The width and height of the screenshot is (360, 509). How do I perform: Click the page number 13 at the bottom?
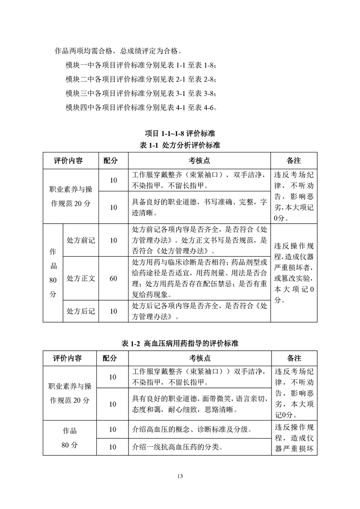pos(180,476)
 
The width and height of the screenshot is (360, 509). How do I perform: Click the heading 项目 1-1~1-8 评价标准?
pos(180,134)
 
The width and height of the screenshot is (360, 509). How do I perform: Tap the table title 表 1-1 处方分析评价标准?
pos(180,146)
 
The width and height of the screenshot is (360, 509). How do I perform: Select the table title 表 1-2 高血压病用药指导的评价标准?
pos(180,343)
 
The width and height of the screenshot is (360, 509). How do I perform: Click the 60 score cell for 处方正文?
pos(113,279)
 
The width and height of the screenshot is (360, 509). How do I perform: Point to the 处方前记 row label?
pos(80,240)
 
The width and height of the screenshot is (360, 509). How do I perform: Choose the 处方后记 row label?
pos(80,311)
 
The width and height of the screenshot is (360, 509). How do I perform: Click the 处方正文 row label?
pos(80,279)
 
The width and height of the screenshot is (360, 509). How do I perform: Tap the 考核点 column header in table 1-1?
pos(199,161)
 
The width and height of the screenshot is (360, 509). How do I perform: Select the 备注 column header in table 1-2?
pos(294,358)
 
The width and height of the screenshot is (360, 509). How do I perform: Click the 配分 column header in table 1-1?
pos(110,161)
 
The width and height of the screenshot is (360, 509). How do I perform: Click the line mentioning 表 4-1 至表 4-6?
pos(141,108)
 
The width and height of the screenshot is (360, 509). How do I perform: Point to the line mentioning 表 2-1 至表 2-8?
pos(141,78)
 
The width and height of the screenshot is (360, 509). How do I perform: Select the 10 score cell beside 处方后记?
pos(113,311)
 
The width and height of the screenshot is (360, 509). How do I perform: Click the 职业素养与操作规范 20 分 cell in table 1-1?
pos(70,196)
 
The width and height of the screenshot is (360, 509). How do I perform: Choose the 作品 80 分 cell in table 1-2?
pos(70,438)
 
